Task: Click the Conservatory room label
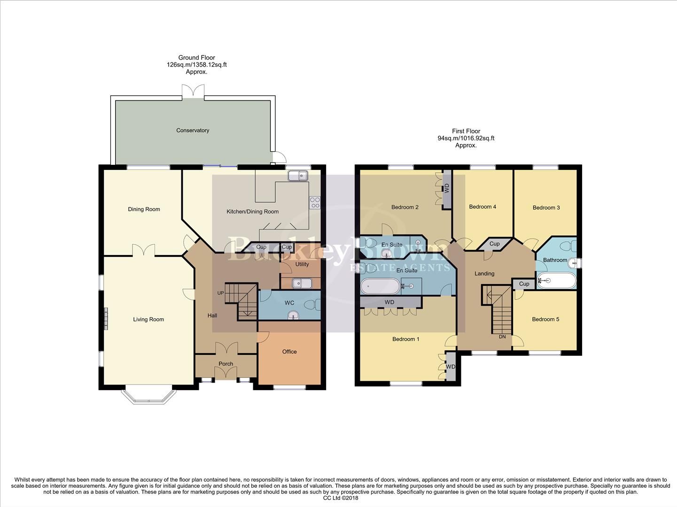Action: point(193,131)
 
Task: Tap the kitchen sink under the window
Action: point(297,176)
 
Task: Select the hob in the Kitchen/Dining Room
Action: point(314,203)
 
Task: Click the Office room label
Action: point(289,352)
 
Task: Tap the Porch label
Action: point(226,364)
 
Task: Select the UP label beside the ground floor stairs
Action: point(220,293)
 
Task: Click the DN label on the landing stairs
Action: point(502,337)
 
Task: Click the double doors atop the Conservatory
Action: point(193,91)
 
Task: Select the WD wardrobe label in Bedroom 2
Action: point(447,188)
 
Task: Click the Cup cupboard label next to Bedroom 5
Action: point(524,284)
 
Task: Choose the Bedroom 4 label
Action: point(482,207)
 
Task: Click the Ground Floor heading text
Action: point(196,58)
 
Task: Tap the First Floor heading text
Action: point(466,131)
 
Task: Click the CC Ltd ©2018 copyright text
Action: point(341,498)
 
